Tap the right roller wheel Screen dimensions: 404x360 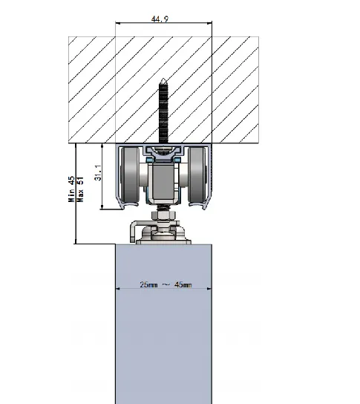coord(197,177)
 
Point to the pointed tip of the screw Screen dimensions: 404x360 coord(164,80)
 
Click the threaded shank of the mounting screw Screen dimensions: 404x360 coord(164,111)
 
